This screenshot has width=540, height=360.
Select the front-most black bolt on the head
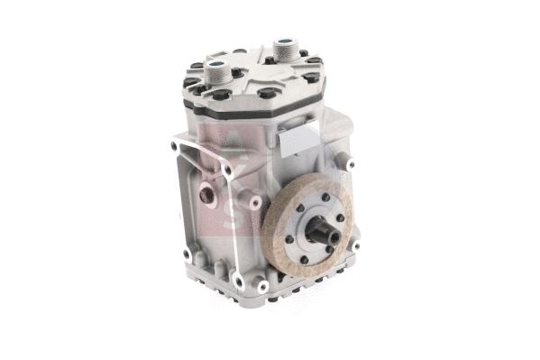[268, 93]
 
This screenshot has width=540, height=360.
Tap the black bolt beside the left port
[236, 72]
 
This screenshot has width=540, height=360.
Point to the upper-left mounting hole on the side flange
[173, 143]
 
